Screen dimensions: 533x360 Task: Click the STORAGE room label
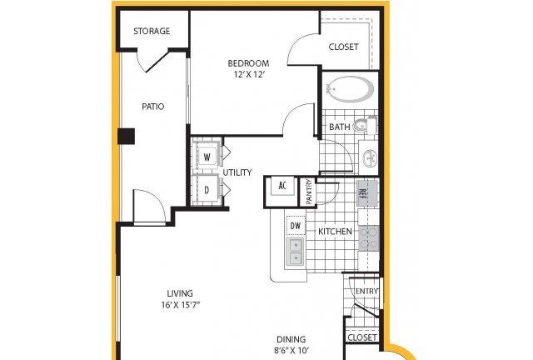152,31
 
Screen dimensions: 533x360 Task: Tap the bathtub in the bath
351,89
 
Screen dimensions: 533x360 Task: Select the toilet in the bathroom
365,126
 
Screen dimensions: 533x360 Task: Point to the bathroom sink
370,157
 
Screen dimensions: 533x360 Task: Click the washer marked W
207,157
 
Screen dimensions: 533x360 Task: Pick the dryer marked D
207,190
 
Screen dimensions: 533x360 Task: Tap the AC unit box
282,186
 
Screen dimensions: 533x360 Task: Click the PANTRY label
309,192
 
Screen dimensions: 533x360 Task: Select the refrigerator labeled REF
366,193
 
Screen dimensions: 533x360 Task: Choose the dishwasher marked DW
296,225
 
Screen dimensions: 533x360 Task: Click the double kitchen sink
296,252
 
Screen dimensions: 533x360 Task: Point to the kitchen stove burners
369,238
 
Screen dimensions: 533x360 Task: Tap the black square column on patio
127,136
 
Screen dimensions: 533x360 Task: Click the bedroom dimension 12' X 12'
249,74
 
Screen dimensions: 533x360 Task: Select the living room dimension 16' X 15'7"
180,305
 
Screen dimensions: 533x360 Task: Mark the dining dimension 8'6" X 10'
291,350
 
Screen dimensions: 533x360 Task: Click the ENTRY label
366,292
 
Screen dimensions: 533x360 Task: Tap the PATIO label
153,107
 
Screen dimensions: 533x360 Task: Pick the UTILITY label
237,172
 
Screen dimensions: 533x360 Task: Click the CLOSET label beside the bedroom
343,47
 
